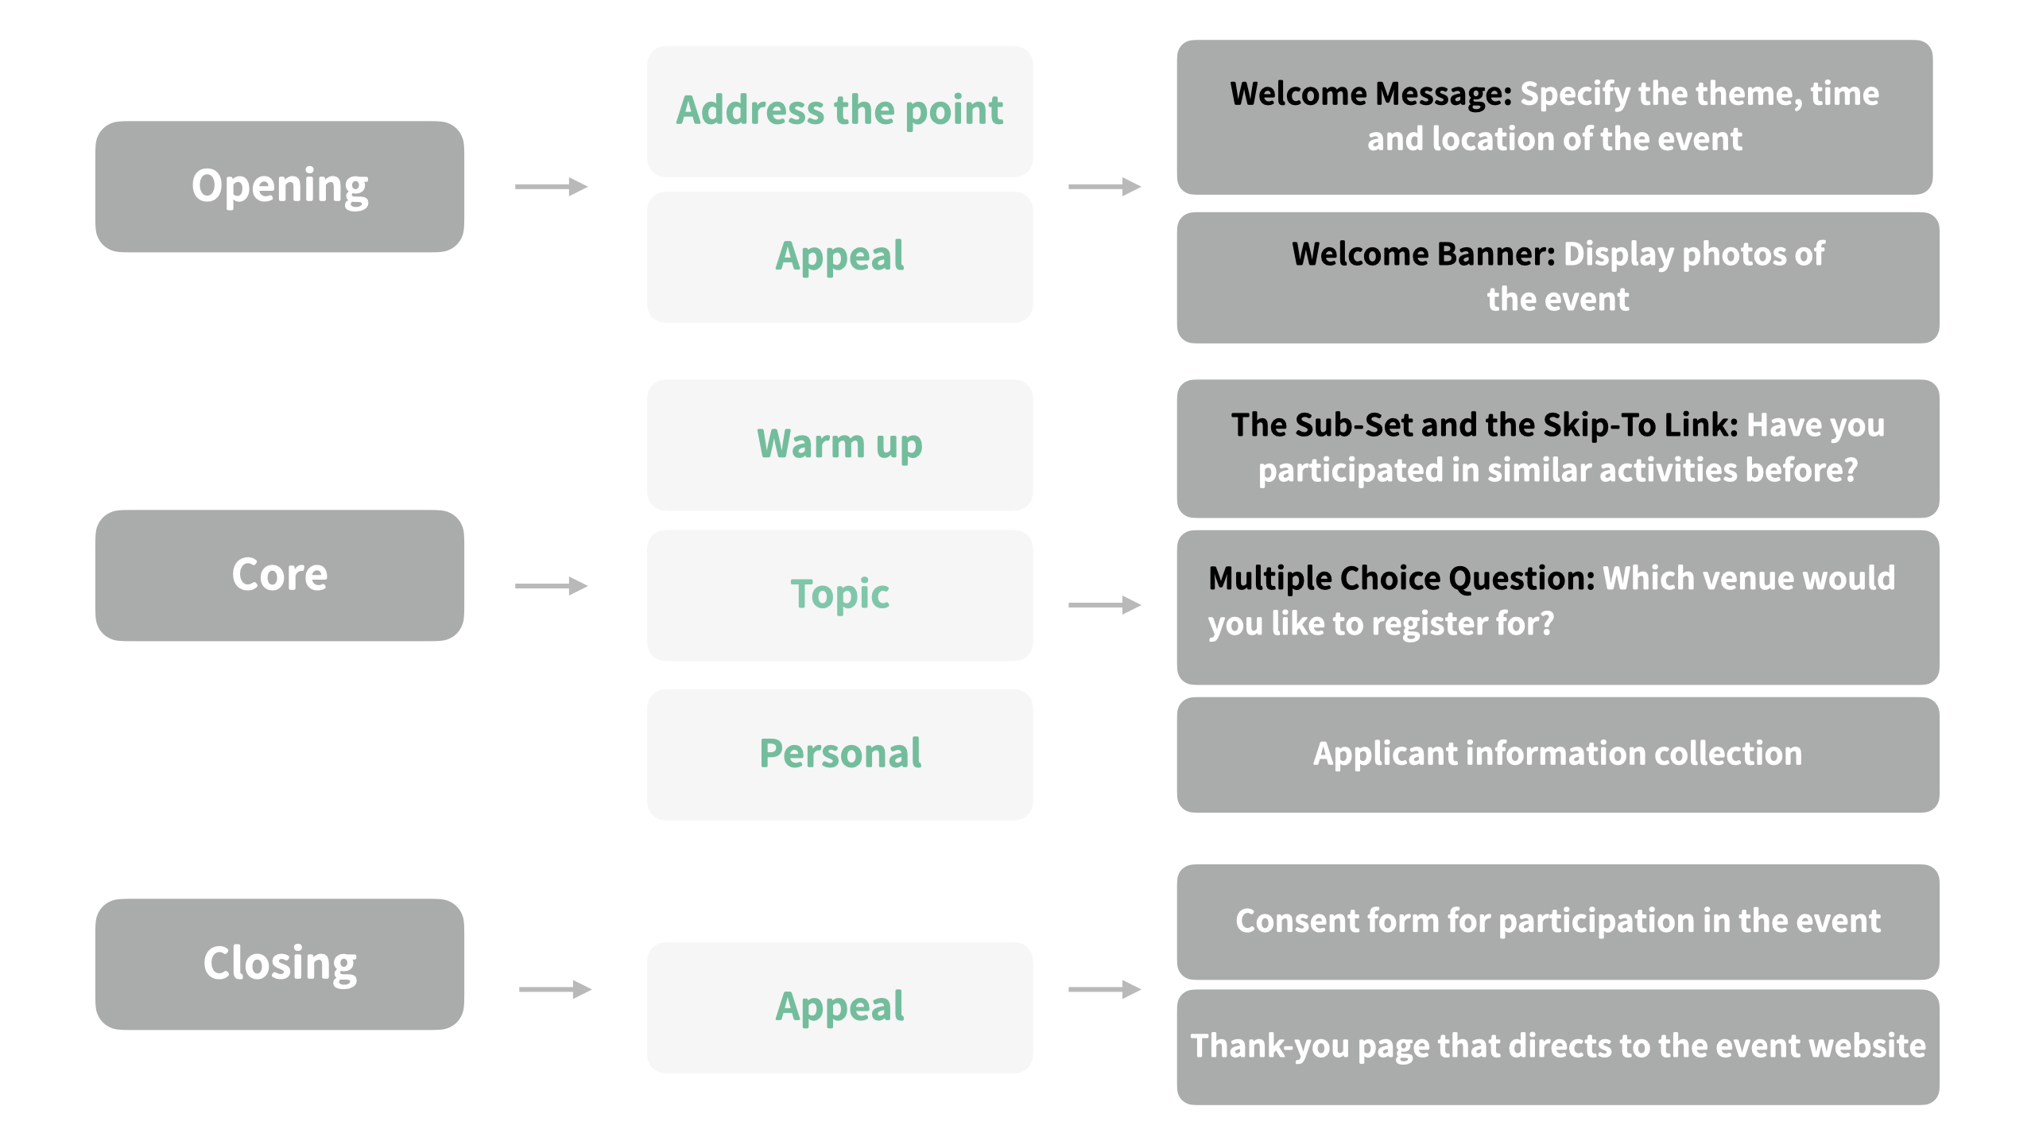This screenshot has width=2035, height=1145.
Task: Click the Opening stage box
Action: click(279, 187)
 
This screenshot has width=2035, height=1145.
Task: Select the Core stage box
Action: click(279, 575)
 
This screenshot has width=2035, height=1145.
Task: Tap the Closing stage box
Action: click(279, 964)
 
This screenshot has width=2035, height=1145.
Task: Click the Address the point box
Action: click(839, 111)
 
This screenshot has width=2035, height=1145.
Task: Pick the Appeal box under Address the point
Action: click(839, 257)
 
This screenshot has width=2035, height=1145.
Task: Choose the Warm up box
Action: click(839, 444)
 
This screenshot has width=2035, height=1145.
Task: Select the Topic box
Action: click(839, 595)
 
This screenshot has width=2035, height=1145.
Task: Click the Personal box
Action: click(839, 754)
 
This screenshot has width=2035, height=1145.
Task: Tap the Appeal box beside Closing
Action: click(839, 1007)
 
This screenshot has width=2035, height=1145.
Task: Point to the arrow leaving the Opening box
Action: click(551, 187)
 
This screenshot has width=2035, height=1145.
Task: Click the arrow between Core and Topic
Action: click(551, 586)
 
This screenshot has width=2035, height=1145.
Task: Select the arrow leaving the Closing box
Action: click(555, 989)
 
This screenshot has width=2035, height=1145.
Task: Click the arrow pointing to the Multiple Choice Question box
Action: click(1104, 605)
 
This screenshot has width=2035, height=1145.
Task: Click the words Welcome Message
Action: click(1370, 94)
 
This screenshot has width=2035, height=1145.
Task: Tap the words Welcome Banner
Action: click(1422, 254)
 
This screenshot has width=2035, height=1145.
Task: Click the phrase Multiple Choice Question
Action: click(1401, 578)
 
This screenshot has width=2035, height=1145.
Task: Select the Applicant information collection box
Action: click(1557, 755)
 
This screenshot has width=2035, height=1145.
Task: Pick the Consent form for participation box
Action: click(1557, 922)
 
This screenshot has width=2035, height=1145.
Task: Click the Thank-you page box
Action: click(1557, 1046)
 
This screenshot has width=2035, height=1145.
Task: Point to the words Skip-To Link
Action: click(1639, 425)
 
